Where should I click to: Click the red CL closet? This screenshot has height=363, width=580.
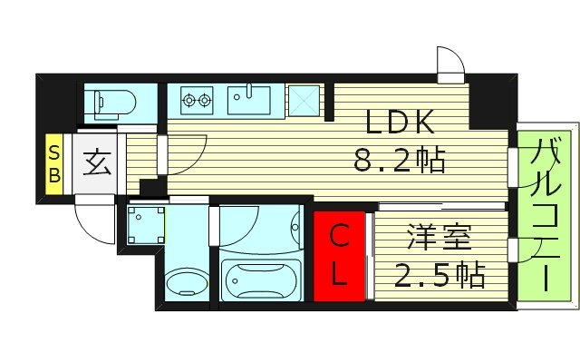[340, 255]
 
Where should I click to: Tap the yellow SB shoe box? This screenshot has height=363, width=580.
[54, 163]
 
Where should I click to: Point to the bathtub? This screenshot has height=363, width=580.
[260, 278]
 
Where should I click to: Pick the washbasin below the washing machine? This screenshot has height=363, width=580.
[188, 282]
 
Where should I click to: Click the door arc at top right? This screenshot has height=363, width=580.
[449, 64]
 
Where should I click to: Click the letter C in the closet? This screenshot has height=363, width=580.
[338, 238]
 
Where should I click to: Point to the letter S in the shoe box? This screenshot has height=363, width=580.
[54, 150]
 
